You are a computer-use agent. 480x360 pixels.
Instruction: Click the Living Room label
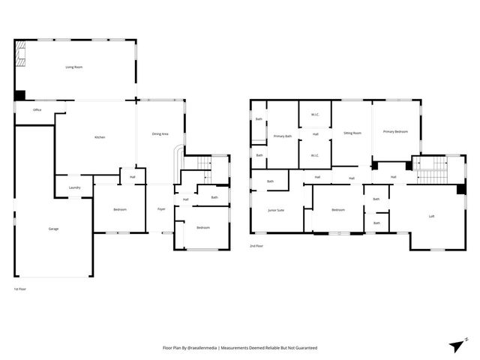[73, 67]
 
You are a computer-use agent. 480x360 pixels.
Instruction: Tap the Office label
[37, 110]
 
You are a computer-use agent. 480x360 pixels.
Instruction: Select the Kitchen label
[99, 137]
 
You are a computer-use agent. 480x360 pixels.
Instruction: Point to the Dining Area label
[160, 133]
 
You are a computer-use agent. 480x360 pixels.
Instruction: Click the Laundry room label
[74, 187]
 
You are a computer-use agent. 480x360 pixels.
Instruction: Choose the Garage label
[53, 229]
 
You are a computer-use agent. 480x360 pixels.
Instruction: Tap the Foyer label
[161, 209]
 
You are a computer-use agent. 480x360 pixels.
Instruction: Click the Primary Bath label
[282, 136]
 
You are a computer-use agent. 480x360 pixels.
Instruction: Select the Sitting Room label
[352, 133]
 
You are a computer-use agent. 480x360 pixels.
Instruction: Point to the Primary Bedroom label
[395, 132]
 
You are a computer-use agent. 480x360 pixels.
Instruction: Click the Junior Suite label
[276, 210]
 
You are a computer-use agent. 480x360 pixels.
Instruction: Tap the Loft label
[431, 216]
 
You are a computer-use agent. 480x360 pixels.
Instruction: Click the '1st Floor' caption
[21, 289]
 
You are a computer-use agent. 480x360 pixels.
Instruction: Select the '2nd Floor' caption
[256, 246]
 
